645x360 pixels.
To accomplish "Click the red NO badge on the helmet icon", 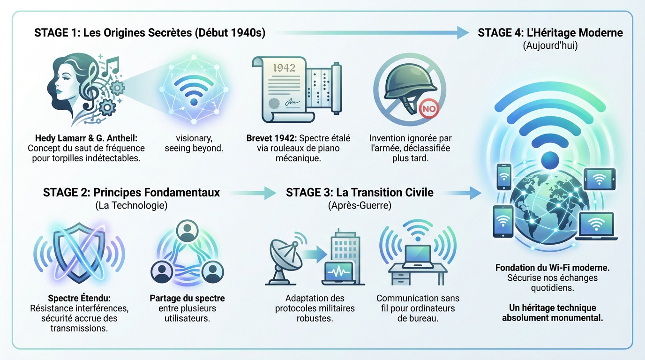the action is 429,109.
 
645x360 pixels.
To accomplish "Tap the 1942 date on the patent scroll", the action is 284,68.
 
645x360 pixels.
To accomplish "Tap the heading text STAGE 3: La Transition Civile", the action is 360,192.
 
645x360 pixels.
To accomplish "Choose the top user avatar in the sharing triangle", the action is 187,231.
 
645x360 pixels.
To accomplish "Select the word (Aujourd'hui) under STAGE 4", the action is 550,46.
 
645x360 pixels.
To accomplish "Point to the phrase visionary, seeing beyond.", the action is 194,143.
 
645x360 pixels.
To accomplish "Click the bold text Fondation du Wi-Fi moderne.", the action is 553,268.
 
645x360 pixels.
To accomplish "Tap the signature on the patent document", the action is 292,102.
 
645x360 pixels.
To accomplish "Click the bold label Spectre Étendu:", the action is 79,298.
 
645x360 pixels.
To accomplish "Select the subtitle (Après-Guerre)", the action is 360,206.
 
